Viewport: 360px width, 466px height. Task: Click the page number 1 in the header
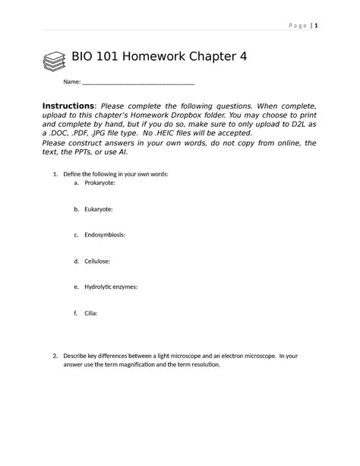[x=317, y=25]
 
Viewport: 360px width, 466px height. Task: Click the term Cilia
[x=91, y=312]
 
